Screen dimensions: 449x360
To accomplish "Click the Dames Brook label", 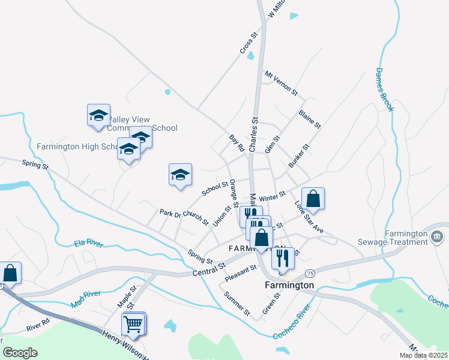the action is pos(384,89).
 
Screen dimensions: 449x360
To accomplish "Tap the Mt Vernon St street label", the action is pos(281,83).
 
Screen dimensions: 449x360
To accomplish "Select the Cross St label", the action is pos(249,44).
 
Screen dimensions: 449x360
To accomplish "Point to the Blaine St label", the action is pos(310,119).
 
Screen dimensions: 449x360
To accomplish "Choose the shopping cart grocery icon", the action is pos(133,324).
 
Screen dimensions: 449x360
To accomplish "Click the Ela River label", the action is pos(88,243).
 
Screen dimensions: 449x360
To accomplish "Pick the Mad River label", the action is pos(85,299).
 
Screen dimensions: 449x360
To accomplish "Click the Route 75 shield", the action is pos(309,273).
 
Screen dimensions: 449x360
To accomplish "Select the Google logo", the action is pos(20,352).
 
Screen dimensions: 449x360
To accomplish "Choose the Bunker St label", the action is pos(298,155).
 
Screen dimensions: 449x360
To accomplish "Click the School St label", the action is pos(215,189).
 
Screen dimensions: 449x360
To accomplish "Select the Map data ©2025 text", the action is pos(424,355).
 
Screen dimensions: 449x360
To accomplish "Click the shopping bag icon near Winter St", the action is pos(313,199).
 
